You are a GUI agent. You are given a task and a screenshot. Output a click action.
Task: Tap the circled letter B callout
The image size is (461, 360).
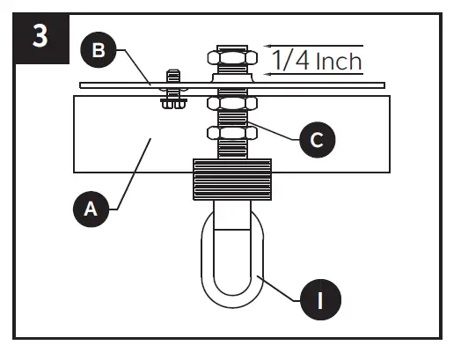(x=99, y=51)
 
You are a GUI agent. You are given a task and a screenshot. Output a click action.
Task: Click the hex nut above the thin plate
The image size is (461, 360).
(x=231, y=59)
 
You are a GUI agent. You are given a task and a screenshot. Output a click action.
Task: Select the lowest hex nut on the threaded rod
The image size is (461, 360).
(x=231, y=133)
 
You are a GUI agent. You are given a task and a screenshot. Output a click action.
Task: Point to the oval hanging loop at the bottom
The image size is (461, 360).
(x=231, y=255)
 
